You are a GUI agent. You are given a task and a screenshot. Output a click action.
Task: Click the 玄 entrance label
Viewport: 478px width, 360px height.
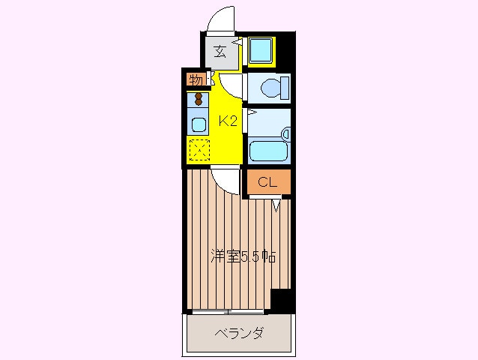[x=220, y=52]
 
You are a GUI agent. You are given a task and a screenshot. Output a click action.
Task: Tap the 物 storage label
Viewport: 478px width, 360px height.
[x=196, y=79]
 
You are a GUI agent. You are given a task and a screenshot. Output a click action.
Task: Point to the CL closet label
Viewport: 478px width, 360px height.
[x=267, y=182]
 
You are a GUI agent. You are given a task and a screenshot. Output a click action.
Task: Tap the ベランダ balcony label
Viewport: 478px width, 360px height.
[x=238, y=334]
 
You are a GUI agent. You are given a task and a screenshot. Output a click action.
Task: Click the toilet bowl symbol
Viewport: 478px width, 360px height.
[x=273, y=88]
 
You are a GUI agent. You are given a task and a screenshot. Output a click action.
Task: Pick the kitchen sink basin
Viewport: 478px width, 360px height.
[x=199, y=124]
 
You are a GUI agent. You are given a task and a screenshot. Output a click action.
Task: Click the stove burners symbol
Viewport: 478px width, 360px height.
[x=199, y=99]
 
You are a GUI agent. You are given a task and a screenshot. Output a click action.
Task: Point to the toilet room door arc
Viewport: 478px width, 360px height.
[x=232, y=85]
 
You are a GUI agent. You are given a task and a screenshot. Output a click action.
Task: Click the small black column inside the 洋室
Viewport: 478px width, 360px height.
[x=281, y=300]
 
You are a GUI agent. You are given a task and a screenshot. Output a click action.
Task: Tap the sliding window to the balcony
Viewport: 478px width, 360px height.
[x=225, y=311]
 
